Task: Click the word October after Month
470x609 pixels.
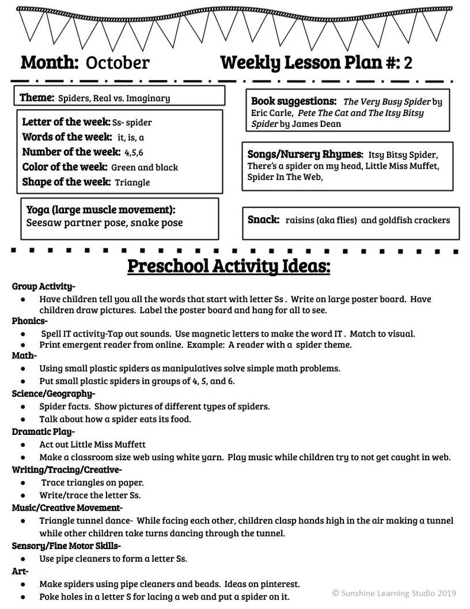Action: pos(118,63)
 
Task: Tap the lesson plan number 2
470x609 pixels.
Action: pos(408,63)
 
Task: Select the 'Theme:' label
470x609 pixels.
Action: pos(37,98)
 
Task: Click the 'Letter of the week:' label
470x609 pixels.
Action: pos(66,122)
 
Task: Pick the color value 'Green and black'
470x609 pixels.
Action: pos(144,167)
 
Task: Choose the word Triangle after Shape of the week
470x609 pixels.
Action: pos(132,182)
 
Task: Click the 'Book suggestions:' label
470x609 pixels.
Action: pos(294,101)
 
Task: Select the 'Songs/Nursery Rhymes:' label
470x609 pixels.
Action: pos(305,154)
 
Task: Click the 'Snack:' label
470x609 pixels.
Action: pos(263,220)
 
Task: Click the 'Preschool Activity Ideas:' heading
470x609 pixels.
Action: pos(228,266)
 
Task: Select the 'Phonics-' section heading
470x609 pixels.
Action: pos(30,321)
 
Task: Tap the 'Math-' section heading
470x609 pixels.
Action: pos(24,355)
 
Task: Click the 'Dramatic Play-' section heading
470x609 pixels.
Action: pos(43,431)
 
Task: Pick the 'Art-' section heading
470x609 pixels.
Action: pos(20,571)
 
